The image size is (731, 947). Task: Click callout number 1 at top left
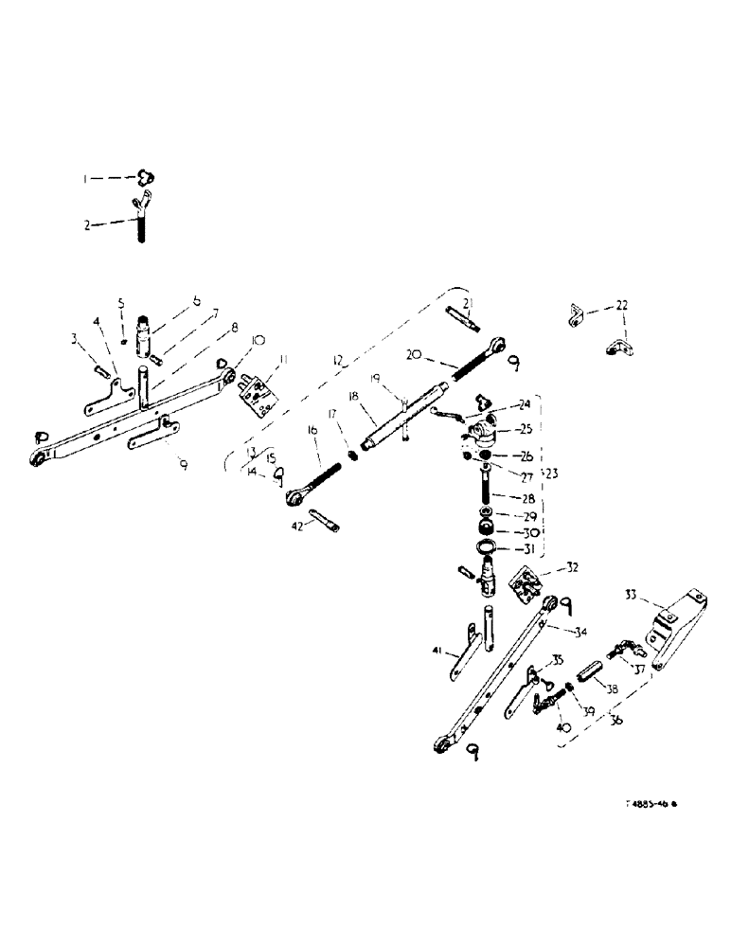[x=110, y=178]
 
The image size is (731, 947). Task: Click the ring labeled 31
[x=487, y=548]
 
